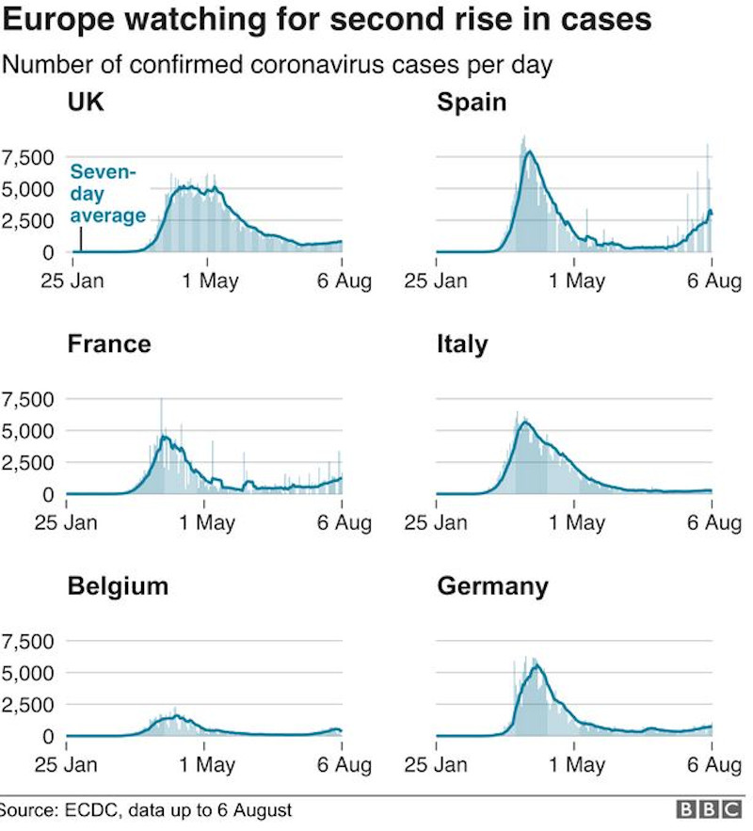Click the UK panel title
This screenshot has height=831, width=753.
point(86,102)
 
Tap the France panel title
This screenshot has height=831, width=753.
point(108,344)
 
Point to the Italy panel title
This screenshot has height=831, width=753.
point(462,344)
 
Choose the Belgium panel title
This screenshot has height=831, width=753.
point(118,586)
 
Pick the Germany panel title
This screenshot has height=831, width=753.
point(492,586)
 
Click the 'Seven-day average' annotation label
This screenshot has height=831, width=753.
point(108,194)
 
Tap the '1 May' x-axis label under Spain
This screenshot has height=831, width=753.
point(576,280)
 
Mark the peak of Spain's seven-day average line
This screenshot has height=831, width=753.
point(529,152)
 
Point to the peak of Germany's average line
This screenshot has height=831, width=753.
point(537,666)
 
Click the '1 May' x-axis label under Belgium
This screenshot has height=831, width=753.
point(206,765)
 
